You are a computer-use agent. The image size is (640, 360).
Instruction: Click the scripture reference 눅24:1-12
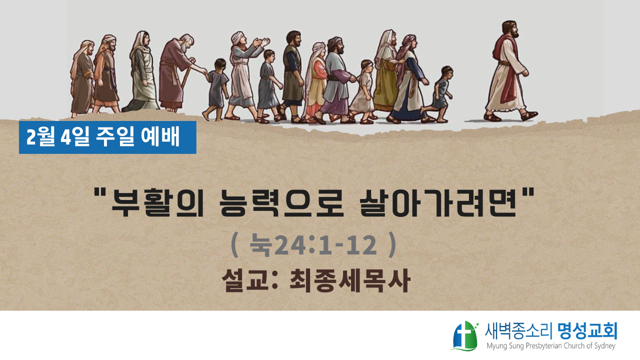[313, 245]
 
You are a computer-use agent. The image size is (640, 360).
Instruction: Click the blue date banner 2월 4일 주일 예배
[107, 137]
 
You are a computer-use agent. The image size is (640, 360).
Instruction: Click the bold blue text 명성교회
[587, 331]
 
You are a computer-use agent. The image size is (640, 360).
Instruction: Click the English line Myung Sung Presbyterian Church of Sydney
[551, 346]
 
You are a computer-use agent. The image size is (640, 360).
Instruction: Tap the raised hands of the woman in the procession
[261, 43]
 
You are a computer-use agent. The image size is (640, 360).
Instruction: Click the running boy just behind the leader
[438, 94]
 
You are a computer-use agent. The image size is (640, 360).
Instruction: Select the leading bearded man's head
[510, 29]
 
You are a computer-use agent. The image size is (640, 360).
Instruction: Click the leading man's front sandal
[529, 115]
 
